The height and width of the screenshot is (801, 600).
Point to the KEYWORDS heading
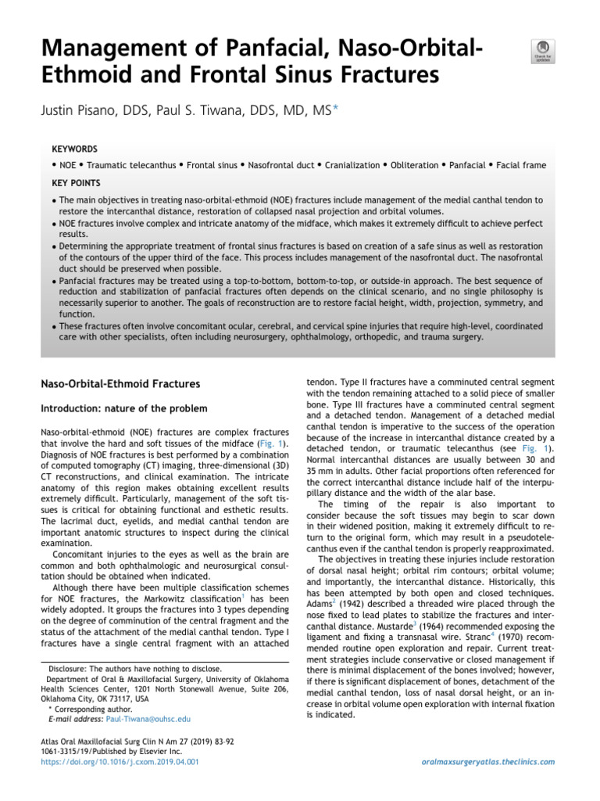[x=74, y=148]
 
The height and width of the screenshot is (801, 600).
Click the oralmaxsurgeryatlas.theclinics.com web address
[x=487, y=761]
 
